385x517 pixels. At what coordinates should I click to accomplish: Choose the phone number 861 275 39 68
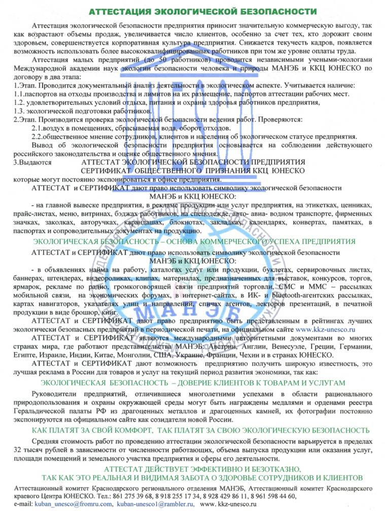157,496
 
